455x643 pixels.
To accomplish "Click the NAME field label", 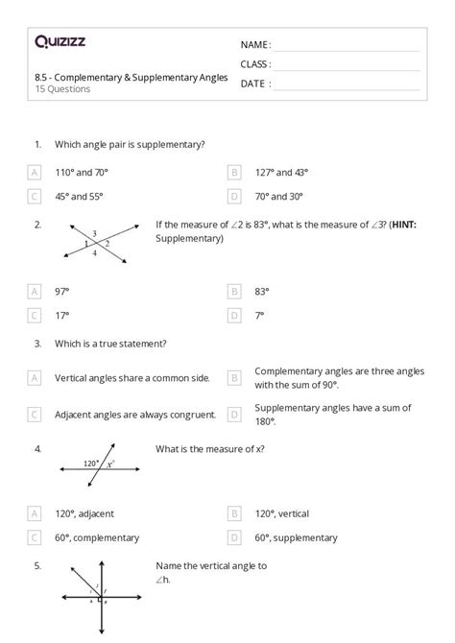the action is point(253,45).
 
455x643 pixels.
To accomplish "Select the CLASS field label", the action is point(254,64).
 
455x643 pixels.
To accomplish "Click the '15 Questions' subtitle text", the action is point(62,89).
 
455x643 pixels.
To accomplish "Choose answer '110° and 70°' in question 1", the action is point(81,173).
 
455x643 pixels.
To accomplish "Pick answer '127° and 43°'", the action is point(281,173).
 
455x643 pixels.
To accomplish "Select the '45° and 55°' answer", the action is point(79,196).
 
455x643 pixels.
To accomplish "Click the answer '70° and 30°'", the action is point(278,196).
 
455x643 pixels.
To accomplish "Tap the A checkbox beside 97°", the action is point(36,291).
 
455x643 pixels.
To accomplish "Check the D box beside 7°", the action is point(234,314).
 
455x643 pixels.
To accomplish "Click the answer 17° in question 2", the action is point(62,314).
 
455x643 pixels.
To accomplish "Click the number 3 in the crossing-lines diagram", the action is point(94,233).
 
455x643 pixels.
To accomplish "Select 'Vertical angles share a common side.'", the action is point(132,378).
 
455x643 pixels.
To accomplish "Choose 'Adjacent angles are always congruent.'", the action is point(132,415).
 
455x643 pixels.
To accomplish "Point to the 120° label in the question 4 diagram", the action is point(92,462).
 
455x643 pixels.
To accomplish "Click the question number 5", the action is point(36,566).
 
